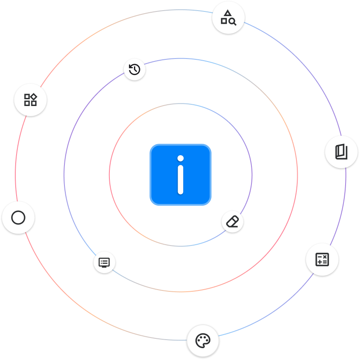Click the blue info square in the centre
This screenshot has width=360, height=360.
tap(180, 175)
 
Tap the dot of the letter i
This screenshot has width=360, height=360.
tap(180, 159)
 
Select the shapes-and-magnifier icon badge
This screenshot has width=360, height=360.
tap(228, 18)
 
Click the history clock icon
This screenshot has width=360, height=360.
tap(134, 69)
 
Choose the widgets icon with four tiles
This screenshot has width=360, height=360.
tap(30, 100)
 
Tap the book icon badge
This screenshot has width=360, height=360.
tap(341, 152)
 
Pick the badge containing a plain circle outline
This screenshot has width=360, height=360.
tap(18, 218)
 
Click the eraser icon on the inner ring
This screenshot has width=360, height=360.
tap(233, 222)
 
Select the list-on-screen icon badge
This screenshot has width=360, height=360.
tap(104, 262)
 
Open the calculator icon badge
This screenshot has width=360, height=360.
tap(322, 259)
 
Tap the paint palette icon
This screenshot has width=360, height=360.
tap(203, 340)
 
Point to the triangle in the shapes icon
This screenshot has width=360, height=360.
tap(228, 14)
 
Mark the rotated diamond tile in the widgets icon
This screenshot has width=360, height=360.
tap(33, 97)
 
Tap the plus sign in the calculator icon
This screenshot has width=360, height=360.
tap(319, 262)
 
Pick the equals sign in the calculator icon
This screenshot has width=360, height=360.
tap(325, 262)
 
